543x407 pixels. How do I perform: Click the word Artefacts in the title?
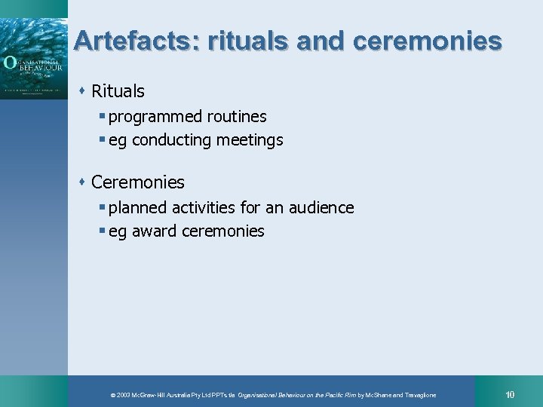pos(133,41)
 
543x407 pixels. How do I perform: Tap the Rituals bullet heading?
pos(118,92)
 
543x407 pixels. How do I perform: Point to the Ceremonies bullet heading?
pos(138,182)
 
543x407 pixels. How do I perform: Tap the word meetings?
pos(250,140)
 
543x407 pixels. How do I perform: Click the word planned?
pos(138,207)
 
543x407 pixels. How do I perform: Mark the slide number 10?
pos(511,394)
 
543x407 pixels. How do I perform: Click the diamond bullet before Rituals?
pos(82,91)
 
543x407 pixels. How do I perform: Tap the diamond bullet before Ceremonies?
pos(82,182)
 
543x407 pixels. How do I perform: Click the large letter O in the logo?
pos(9,63)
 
